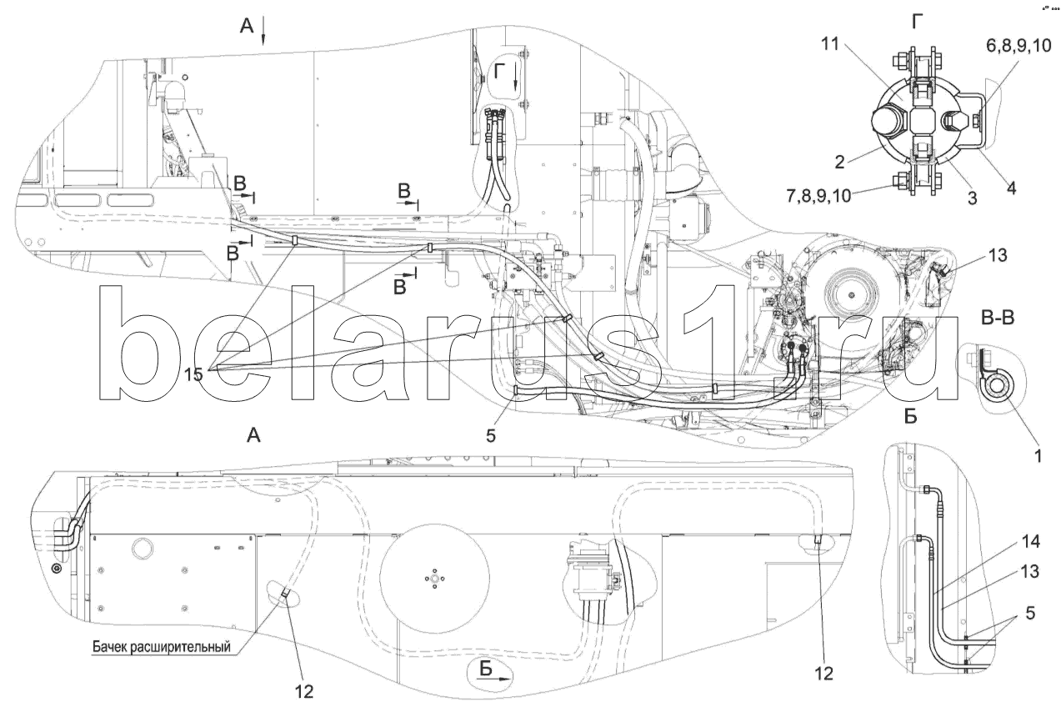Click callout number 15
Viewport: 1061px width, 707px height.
[193, 374]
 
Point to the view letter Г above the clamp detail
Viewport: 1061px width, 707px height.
[917, 23]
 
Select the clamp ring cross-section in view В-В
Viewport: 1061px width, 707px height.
[995, 388]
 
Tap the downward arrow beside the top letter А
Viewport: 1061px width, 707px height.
[264, 32]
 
